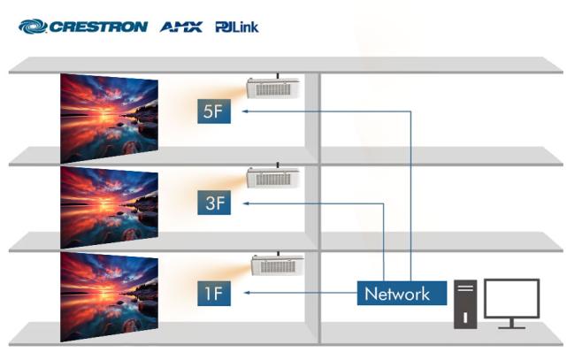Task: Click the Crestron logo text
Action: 98,27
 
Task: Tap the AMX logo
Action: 181,27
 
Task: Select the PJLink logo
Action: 237,27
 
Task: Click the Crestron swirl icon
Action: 33,27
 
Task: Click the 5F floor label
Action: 214,111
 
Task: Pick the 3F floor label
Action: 214,203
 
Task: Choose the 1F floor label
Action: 214,294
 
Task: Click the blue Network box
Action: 402,294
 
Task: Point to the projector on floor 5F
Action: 273,88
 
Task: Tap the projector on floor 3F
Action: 273,178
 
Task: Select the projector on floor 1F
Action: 278,265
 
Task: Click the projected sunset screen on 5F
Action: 110,118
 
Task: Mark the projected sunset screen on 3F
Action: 110,208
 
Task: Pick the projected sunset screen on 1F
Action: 110,297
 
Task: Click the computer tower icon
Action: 465,304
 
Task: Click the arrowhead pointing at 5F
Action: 245,111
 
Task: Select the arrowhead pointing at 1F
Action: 247,293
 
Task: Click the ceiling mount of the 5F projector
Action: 278,75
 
